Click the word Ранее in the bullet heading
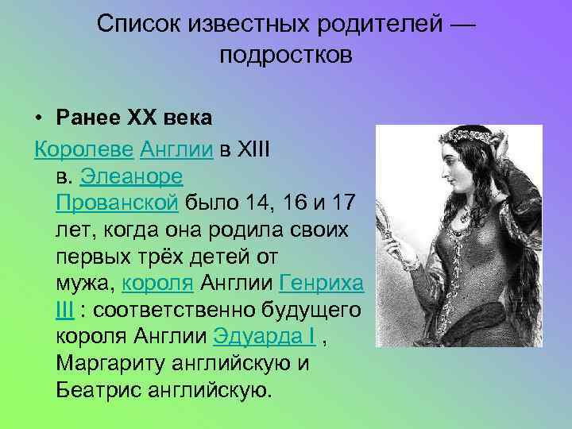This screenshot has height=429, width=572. coord(86,118)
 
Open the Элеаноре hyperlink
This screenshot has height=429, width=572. coord(131,176)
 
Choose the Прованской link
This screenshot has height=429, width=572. coord(117,203)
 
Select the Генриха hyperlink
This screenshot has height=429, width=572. coord(323,282)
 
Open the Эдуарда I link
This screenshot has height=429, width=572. coord(265,336)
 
